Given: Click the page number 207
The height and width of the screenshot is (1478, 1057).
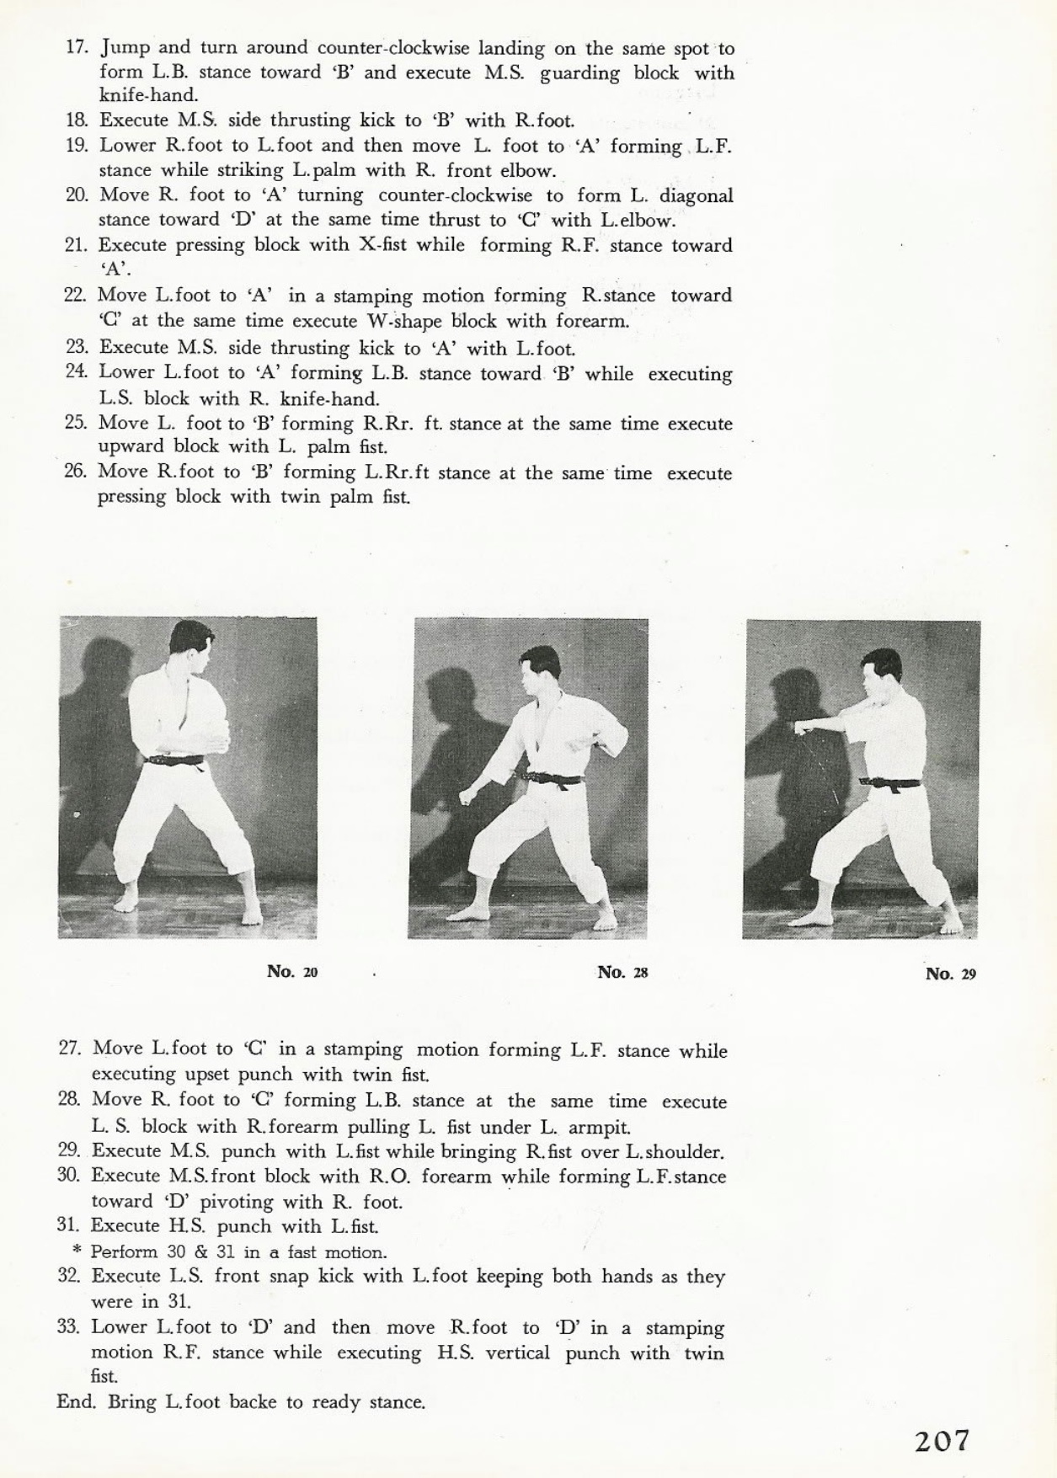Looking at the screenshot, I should click(x=942, y=1440).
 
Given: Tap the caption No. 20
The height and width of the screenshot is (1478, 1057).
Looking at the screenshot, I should click(x=292, y=972).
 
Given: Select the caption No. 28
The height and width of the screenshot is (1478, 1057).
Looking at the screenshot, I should click(x=622, y=973).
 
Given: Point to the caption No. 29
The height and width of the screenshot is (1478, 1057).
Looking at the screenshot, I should click(x=950, y=974).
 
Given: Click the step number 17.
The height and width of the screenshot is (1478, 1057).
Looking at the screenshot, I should click(x=77, y=47).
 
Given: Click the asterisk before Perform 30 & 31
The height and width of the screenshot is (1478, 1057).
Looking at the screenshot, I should click(x=77, y=1252).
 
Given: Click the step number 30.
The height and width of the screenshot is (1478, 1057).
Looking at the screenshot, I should click(x=69, y=1176).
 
